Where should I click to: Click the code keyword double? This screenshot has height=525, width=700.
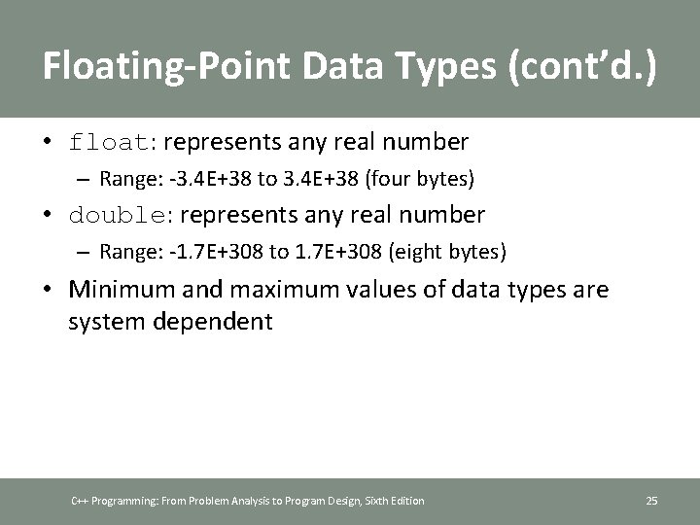[x=122, y=214]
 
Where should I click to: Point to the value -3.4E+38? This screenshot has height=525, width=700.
[x=196, y=180]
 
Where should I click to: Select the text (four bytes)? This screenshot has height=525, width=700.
[x=421, y=180]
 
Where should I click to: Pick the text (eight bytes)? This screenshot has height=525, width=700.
[x=447, y=252]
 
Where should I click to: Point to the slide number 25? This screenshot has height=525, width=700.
[x=651, y=501]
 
